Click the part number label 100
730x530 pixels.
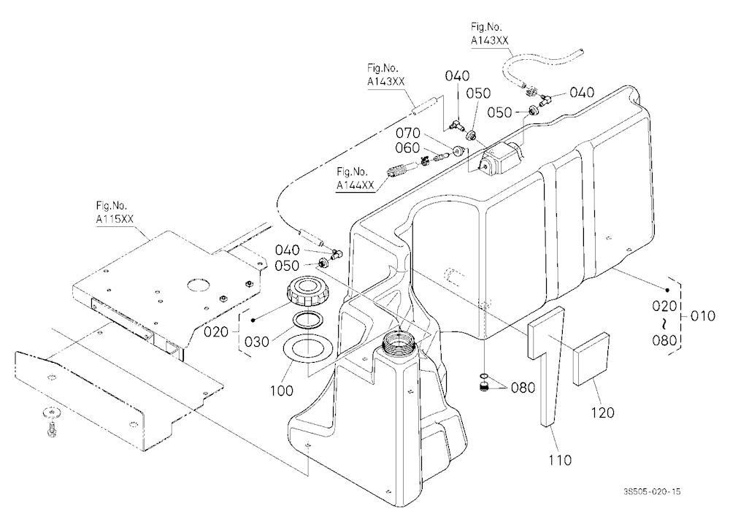click(x=282, y=390)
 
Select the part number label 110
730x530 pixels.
click(x=560, y=460)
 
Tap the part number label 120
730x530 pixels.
click(x=603, y=412)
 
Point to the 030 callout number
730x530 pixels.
click(x=257, y=342)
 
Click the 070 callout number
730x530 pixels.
click(x=408, y=133)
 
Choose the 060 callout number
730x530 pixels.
click(x=407, y=147)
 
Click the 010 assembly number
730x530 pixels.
click(x=703, y=316)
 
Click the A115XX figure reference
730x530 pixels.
click(x=112, y=219)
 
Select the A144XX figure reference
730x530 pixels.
click(x=356, y=185)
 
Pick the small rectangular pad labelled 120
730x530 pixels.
click(x=591, y=358)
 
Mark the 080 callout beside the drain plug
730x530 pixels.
click(x=523, y=388)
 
